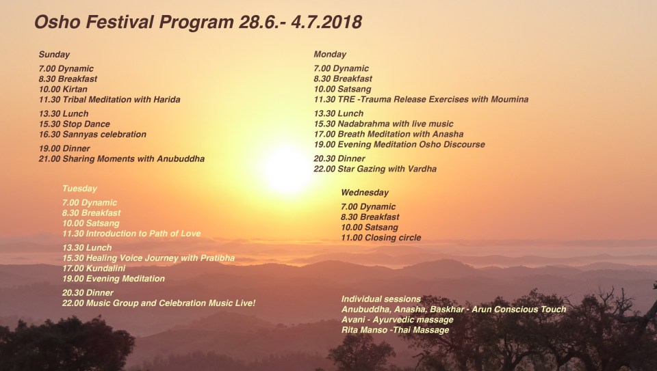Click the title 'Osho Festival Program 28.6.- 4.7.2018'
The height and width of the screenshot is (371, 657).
tap(198, 23)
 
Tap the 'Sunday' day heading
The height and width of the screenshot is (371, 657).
tap(54, 55)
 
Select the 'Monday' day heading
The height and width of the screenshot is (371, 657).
tap(330, 55)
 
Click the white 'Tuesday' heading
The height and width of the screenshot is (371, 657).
tap(79, 189)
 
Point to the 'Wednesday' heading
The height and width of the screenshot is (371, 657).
tap(365, 193)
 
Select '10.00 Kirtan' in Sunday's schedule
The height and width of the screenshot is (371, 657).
tap(63, 90)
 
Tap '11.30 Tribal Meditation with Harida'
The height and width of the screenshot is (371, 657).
tap(109, 100)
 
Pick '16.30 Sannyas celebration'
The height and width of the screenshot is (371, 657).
tap(92, 135)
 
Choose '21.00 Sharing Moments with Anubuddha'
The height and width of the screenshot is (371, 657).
tap(121, 159)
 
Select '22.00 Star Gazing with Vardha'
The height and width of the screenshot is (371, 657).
tap(375, 169)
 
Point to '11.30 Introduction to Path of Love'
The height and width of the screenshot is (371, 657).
tap(131, 234)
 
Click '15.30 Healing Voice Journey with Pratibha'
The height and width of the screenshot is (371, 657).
tap(149, 258)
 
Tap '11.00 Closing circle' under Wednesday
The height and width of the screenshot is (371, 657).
tap(381, 238)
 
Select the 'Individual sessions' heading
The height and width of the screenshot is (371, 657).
tap(381, 299)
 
